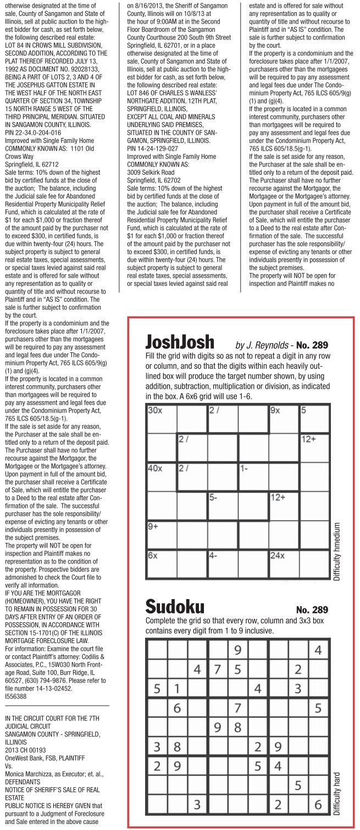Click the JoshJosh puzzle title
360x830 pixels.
pyautogui.click(x=179, y=342)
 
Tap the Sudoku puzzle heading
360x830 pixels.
pyautogui.click(x=175, y=607)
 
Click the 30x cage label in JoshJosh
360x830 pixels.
pyautogui.click(x=154, y=410)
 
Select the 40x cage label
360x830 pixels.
pyautogui.click(x=155, y=468)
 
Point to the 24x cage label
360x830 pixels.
pyautogui.click(x=278, y=556)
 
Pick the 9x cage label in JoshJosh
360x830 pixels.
pyautogui.click(x=275, y=410)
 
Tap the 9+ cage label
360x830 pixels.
pyautogui.click(x=153, y=527)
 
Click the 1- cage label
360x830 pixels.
pyautogui.click(x=245, y=468)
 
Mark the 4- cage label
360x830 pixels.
pyautogui.click(x=214, y=556)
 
